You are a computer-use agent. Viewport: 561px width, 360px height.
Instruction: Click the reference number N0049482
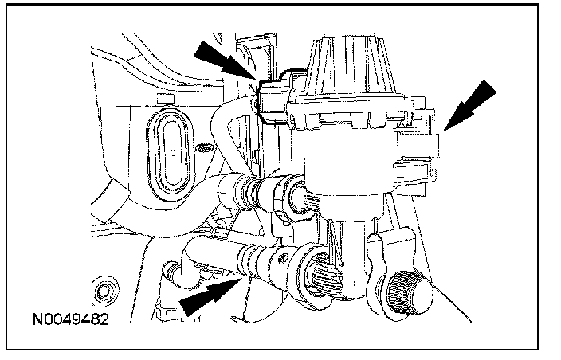71,322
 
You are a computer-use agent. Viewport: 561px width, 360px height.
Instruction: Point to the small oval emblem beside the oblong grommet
206,149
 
